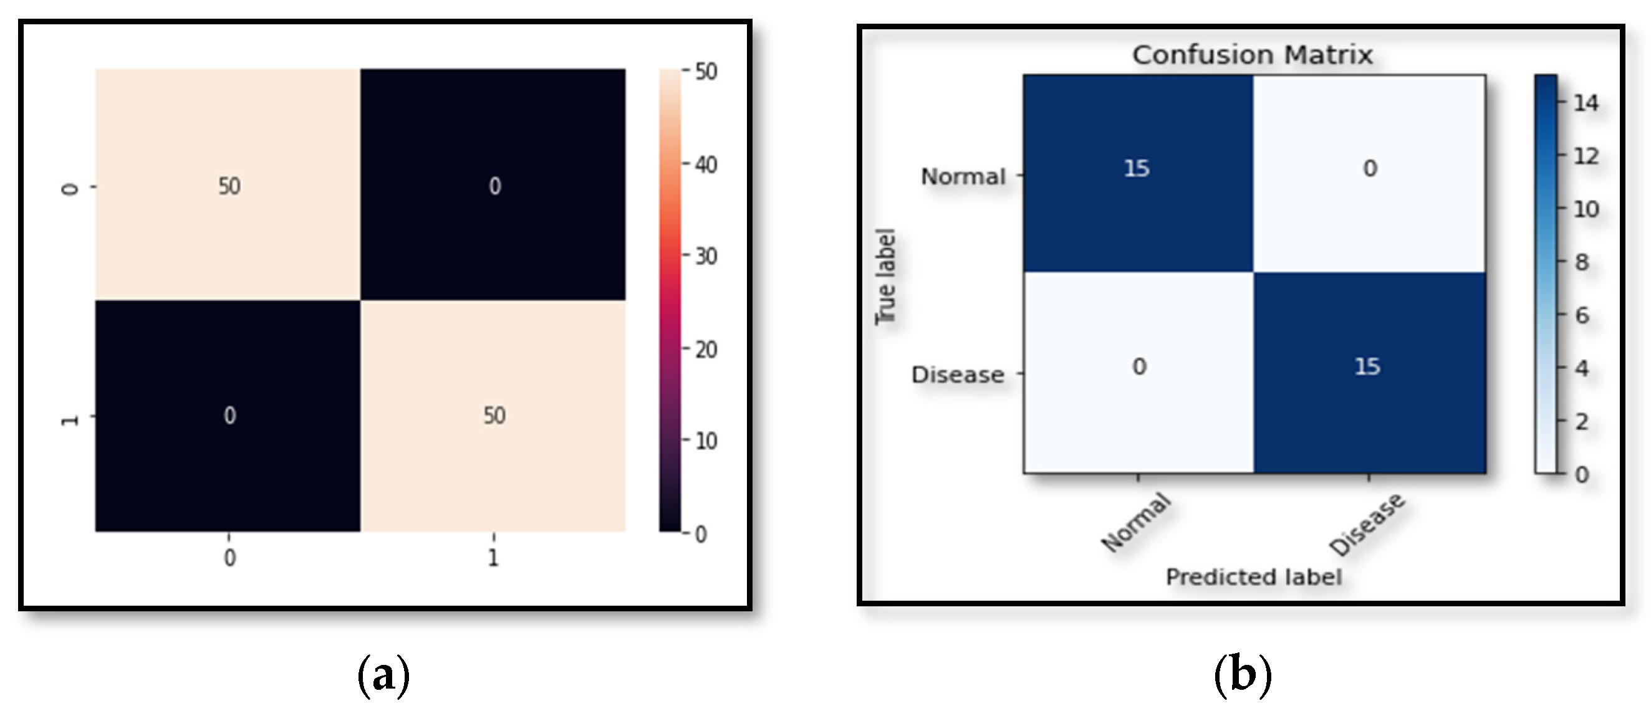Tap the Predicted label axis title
click(x=1253, y=577)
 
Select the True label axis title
click(x=885, y=277)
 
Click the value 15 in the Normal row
click(x=1137, y=168)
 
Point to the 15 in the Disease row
click(x=1367, y=366)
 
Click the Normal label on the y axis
click(x=963, y=176)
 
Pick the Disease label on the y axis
click(x=958, y=375)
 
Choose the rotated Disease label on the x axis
click(x=1367, y=525)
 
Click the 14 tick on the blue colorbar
click(x=1586, y=102)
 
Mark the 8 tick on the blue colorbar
click(x=1582, y=262)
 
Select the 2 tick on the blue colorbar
click(x=1582, y=421)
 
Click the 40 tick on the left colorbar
click(x=706, y=165)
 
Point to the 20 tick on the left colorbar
click(x=706, y=349)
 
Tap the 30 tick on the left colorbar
click(x=706, y=256)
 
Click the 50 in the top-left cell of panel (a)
click(x=229, y=186)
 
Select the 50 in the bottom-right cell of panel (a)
click(x=494, y=416)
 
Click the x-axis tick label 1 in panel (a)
click(x=493, y=558)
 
